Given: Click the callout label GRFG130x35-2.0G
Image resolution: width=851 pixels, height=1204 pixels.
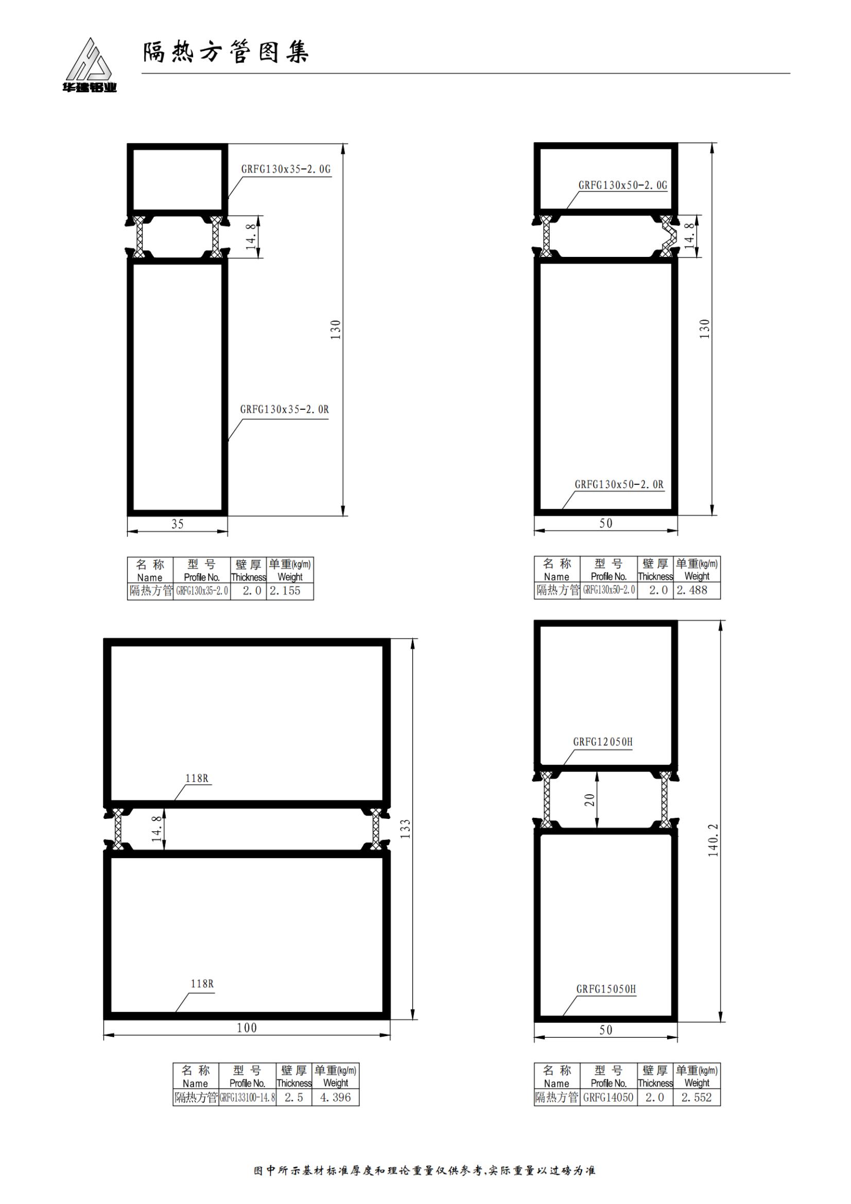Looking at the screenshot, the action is click(286, 169).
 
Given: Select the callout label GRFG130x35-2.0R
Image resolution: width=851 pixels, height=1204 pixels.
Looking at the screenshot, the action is click(285, 410).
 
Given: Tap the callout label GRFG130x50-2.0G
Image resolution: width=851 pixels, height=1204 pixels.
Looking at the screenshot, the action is click(623, 185).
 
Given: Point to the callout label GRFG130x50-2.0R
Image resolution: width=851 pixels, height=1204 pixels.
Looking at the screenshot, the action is click(619, 484).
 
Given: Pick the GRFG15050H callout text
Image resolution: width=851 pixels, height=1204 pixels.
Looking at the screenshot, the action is click(606, 989).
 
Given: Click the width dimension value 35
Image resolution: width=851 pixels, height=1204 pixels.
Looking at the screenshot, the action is click(177, 524).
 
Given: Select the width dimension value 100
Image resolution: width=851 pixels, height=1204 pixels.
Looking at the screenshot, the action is click(247, 1028).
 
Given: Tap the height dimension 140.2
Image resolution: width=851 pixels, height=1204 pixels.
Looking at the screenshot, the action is click(713, 840).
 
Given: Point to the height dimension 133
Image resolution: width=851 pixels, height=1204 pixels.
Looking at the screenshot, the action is click(405, 829).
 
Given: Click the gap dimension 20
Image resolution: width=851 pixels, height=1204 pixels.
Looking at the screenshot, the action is click(590, 800).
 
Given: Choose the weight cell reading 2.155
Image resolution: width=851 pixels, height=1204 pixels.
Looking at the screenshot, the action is click(285, 590).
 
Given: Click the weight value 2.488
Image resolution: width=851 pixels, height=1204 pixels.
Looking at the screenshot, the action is click(692, 590).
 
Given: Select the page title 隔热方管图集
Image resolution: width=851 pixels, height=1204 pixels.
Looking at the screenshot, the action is click(226, 52).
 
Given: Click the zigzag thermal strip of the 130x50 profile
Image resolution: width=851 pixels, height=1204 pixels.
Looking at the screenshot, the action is click(667, 235).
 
